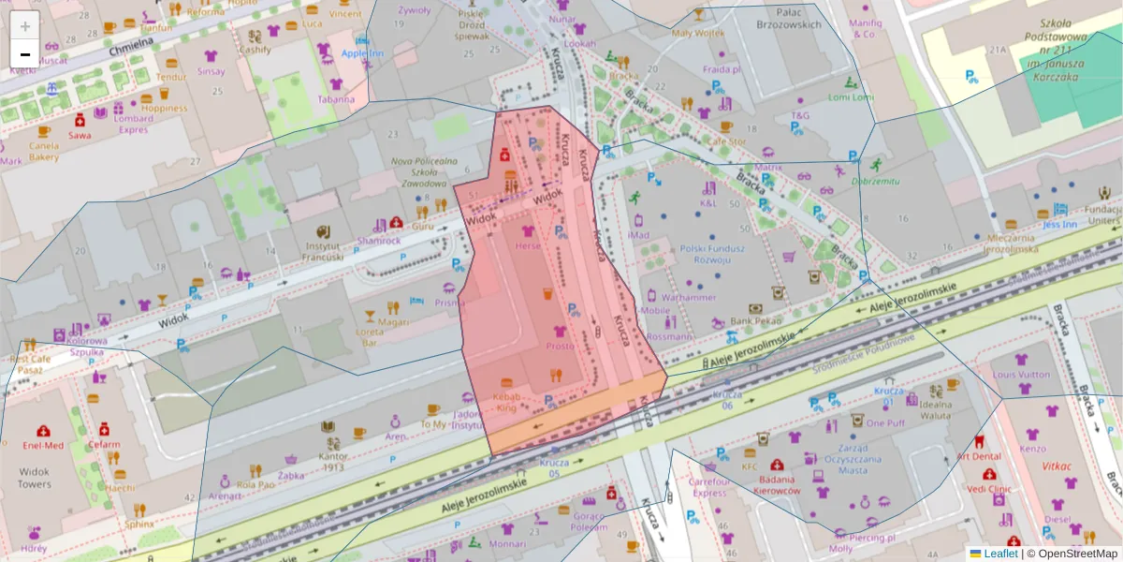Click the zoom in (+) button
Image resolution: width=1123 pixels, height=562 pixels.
click(x=25, y=26)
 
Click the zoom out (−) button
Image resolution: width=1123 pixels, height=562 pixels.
click(x=25, y=54)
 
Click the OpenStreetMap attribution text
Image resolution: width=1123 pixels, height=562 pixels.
click(x=1076, y=554)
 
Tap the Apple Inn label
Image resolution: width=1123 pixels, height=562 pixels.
click(x=362, y=53)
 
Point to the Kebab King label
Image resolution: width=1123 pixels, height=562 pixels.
click(x=505, y=402)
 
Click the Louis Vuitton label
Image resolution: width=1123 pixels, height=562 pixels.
click(x=1022, y=376)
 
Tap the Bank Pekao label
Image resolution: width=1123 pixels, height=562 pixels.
click(x=755, y=321)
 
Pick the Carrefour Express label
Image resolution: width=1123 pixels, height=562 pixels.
click(x=709, y=486)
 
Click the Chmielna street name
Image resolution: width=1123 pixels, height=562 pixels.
click(x=131, y=48)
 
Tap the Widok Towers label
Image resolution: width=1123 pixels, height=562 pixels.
click(x=34, y=478)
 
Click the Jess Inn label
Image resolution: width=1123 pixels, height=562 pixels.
click(x=1061, y=224)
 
